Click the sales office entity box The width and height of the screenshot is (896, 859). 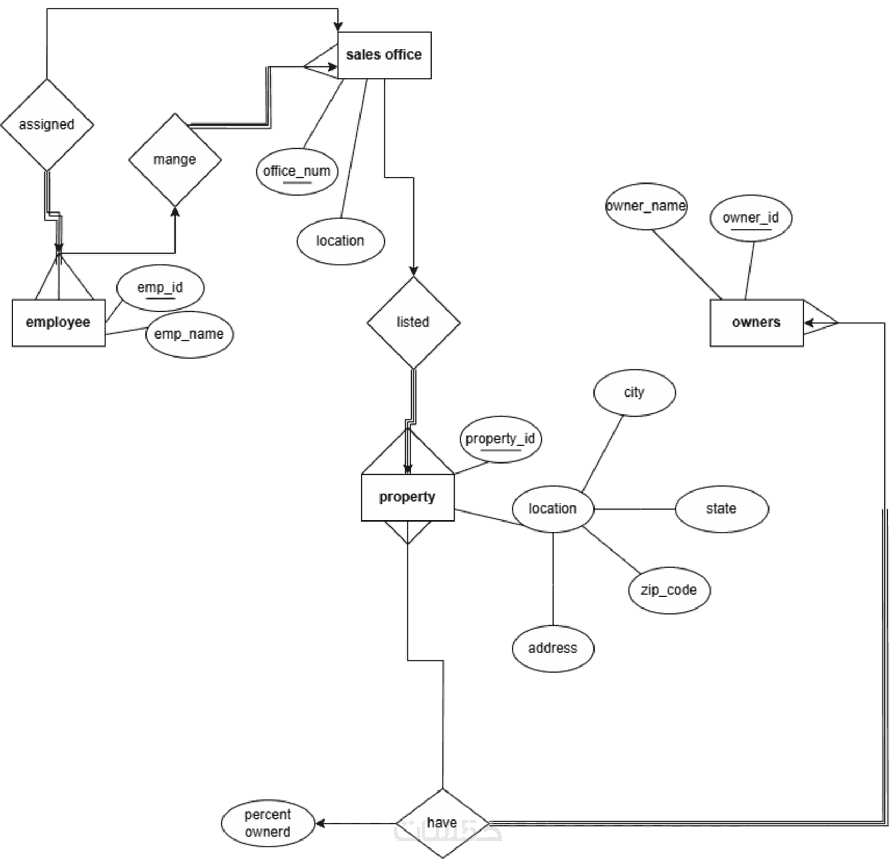384,55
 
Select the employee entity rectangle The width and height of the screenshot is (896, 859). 59,323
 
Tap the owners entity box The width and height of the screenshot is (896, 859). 756,323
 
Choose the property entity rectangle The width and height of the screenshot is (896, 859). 407,497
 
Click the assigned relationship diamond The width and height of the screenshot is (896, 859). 47,125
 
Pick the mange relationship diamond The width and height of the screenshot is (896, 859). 175,160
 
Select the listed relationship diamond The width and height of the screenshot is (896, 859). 413,323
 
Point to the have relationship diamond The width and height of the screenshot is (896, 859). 442,823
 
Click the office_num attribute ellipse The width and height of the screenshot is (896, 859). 297,171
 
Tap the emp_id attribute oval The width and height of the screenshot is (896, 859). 160,288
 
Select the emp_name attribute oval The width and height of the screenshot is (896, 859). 189,334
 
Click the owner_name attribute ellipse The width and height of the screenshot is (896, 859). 646,206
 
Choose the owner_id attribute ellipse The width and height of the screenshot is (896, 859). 751,218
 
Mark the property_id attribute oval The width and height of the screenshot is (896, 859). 500,439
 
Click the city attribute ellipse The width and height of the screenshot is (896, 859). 634,393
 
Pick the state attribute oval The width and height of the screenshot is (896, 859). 722,509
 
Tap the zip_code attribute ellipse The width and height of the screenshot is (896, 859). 669,591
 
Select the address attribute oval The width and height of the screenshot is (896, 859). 553,649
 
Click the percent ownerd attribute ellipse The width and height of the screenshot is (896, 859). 268,823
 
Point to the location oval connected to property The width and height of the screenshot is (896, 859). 553,509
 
